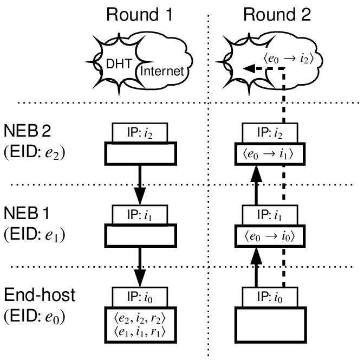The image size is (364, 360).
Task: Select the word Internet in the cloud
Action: [162, 71]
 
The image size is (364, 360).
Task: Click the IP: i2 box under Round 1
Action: [140, 132]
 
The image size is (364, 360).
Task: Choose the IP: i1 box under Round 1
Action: [140, 214]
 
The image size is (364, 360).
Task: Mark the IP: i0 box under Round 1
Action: [140, 297]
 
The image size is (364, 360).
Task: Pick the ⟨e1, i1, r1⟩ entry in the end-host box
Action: [140, 331]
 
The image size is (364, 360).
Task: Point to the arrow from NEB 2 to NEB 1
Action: [140, 184]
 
